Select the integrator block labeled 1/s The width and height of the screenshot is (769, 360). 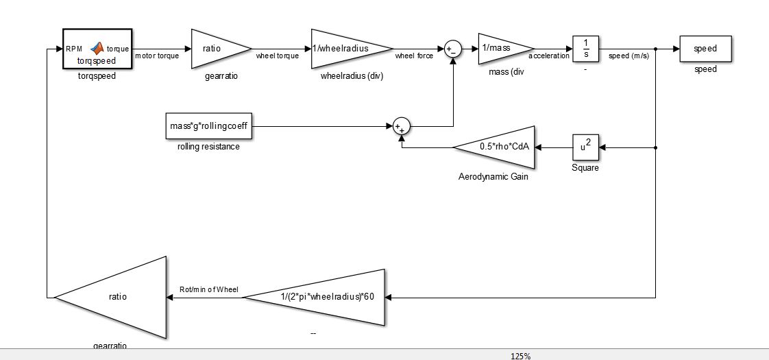[586, 49]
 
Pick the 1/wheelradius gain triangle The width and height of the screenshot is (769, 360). [346, 49]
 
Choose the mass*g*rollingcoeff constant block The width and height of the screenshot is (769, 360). [208, 126]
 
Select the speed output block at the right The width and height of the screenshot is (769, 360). [705, 49]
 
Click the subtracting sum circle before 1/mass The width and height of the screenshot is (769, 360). [452, 49]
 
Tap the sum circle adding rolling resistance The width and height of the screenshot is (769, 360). [402, 126]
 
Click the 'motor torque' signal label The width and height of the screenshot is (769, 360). [157, 56]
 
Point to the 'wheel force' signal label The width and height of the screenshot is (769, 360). [414, 56]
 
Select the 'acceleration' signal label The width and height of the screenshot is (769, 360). [549, 56]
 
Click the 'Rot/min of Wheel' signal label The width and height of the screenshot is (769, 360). [208, 290]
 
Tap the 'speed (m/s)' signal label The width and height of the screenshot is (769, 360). [628, 56]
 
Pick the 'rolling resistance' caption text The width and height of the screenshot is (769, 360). [208, 147]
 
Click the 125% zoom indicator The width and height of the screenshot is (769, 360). [520, 356]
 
